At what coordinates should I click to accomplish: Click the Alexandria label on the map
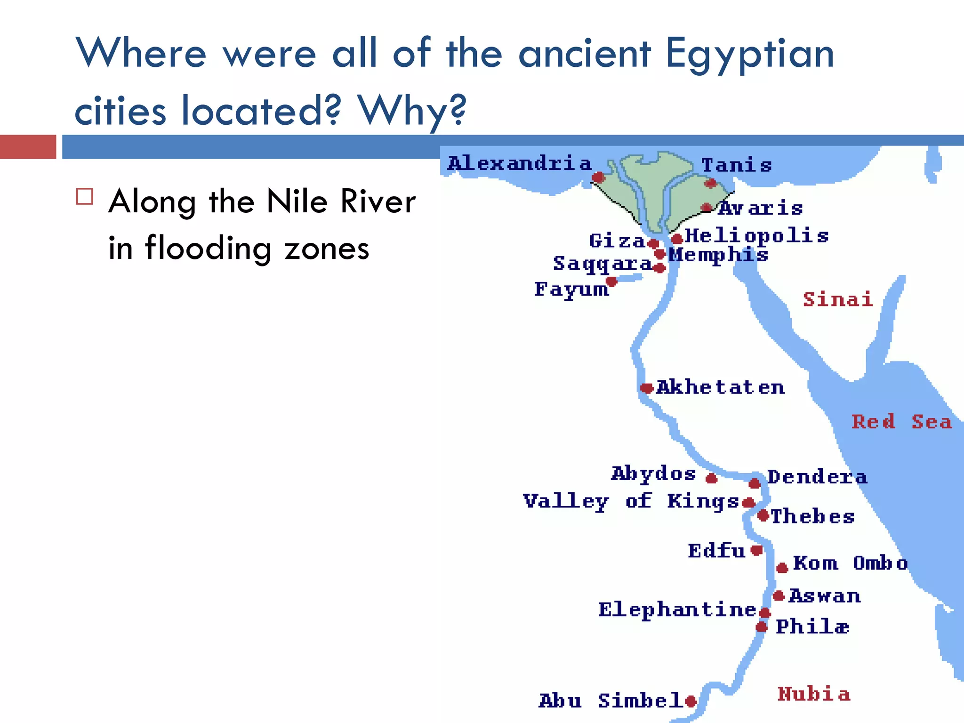click(519, 163)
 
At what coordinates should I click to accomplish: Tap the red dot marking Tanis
click(710, 183)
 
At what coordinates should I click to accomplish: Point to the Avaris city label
click(760, 208)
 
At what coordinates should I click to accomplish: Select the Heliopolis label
click(756, 235)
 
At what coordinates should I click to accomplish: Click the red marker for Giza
click(653, 243)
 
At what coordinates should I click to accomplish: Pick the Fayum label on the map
click(571, 289)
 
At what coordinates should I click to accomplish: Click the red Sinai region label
click(838, 299)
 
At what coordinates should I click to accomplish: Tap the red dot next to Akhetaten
click(647, 388)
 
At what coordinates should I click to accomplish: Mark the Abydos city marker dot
click(711, 479)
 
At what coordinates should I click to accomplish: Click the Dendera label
click(817, 477)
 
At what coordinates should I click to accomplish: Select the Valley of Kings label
click(631, 501)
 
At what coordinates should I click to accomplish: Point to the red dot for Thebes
click(763, 515)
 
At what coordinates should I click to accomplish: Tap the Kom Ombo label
click(850, 563)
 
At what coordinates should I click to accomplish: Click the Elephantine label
click(677, 610)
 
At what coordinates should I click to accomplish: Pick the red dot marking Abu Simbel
click(691, 701)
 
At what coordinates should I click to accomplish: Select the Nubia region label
click(814, 694)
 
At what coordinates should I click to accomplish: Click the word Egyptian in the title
click(749, 55)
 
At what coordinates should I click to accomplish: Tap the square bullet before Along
click(85, 197)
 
